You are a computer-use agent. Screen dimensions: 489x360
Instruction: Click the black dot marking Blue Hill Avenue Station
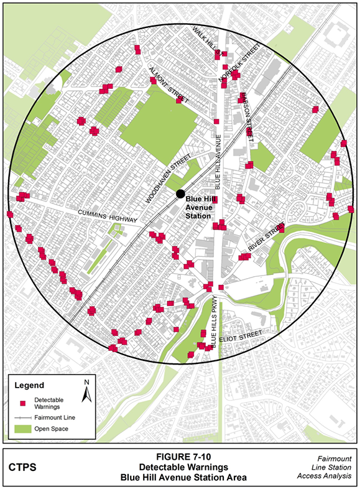[x=180, y=193]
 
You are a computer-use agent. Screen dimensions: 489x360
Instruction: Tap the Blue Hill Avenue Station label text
[x=203, y=208]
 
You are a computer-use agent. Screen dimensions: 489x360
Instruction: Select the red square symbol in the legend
[x=22, y=402]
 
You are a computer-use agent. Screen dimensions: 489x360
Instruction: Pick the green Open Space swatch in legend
[x=22, y=429]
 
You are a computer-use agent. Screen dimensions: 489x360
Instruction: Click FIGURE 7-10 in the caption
[x=181, y=455]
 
